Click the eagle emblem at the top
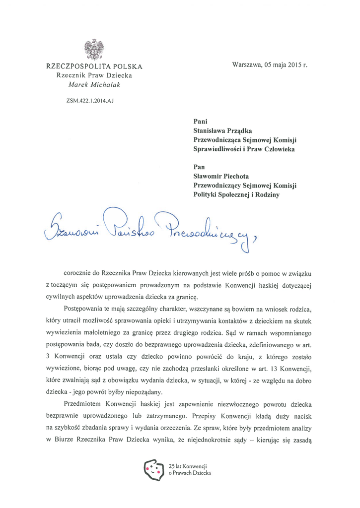[94, 50]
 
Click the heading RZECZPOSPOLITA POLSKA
[94, 66]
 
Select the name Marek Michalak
[94, 84]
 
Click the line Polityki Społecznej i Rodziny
[236, 195]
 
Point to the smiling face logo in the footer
[153, 469]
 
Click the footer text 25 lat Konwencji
[188, 466]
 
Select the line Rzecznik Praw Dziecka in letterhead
[94, 75]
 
